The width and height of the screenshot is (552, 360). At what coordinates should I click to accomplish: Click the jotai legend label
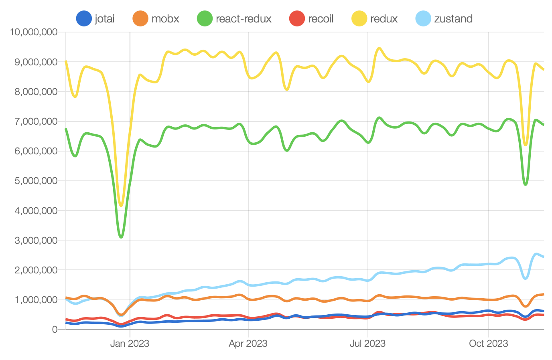(x=105, y=19)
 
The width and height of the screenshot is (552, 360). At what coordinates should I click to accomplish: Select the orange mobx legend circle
(x=140, y=19)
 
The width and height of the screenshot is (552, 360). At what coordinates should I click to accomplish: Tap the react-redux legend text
(x=244, y=19)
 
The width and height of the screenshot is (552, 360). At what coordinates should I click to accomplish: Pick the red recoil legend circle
(x=297, y=19)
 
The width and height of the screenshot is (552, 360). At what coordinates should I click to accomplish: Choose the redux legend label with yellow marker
(x=384, y=19)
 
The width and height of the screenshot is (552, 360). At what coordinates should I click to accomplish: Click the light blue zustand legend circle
(x=423, y=19)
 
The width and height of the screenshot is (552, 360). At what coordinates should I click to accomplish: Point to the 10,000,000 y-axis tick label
(x=34, y=32)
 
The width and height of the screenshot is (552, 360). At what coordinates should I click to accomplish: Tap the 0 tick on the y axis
(x=55, y=330)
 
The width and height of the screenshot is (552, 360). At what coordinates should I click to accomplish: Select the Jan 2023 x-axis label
(x=130, y=344)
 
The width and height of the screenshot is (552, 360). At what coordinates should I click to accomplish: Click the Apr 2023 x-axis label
(x=248, y=344)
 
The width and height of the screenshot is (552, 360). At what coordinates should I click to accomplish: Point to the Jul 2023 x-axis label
(x=367, y=344)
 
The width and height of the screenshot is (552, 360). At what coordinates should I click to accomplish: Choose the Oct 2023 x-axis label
(x=488, y=344)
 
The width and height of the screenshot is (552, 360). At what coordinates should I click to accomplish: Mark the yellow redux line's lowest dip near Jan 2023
(x=121, y=206)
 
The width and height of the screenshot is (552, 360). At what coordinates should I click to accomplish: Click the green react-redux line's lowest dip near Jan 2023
(x=121, y=237)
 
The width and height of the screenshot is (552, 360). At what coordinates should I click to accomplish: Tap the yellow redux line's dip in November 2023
(x=526, y=145)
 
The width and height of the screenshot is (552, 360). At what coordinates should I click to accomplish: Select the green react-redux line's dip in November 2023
(x=526, y=184)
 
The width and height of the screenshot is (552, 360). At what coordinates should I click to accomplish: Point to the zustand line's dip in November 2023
(x=526, y=278)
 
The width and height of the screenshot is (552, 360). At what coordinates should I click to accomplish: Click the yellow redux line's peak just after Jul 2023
(x=379, y=48)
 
